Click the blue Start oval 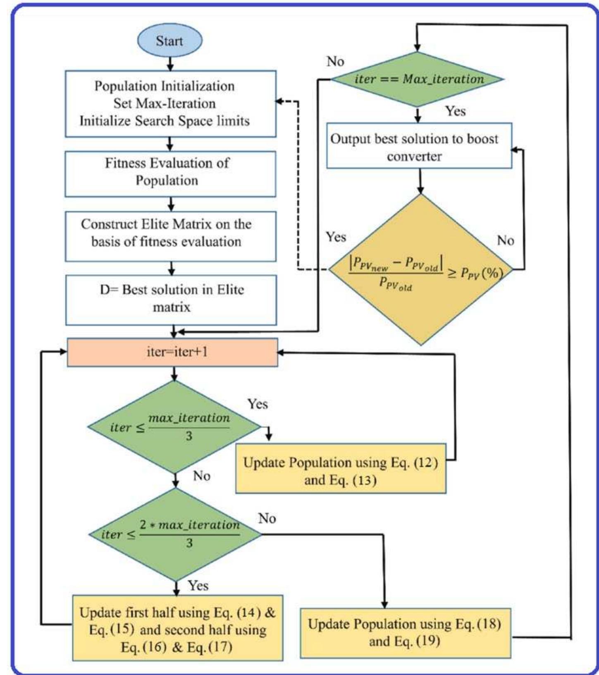(x=169, y=40)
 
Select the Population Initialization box (x=170, y=103)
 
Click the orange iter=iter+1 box (x=172, y=352)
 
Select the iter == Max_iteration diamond (x=418, y=78)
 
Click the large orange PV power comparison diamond (x=421, y=269)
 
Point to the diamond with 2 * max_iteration (x=176, y=534)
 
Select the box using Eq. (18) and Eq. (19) (x=405, y=632)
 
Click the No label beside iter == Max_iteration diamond (x=335, y=62)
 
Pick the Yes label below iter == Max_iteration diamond (x=455, y=111)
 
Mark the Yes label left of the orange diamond (x=336, y=237)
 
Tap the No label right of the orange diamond (x=505, y=240)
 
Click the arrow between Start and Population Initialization (x=170, y=64)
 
